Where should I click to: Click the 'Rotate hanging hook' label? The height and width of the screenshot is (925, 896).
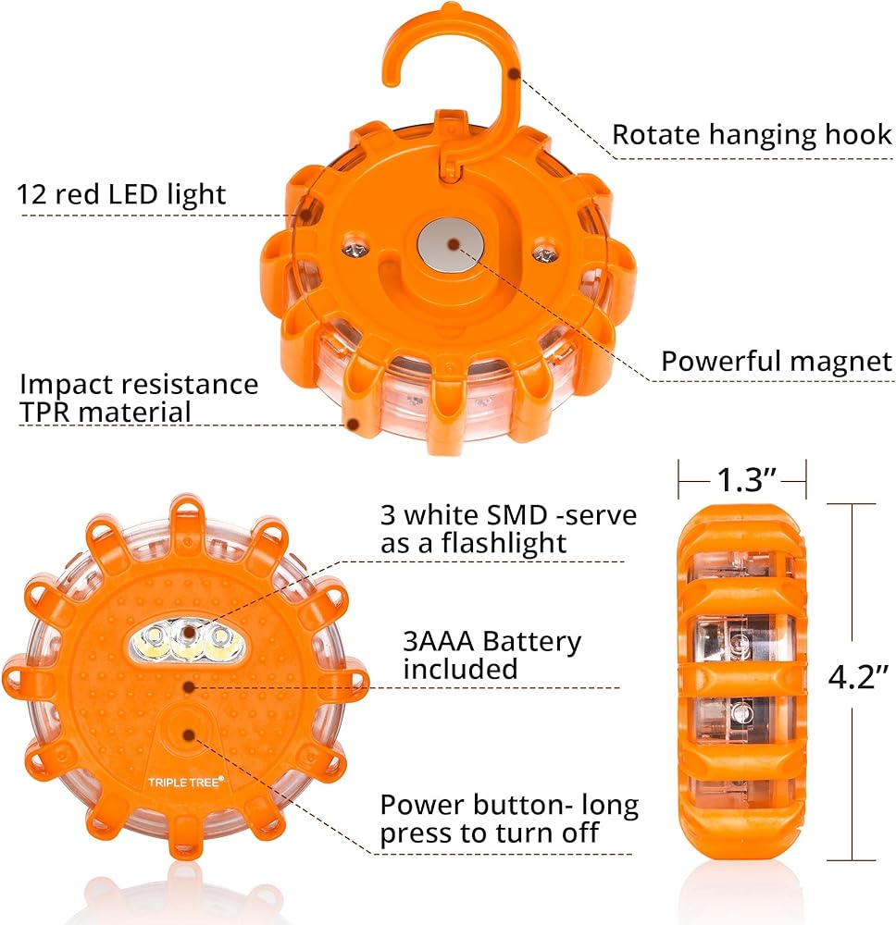coord(751,135)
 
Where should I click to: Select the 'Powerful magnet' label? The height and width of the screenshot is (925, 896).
coord(776,361)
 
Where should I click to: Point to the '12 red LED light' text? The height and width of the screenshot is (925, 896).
coord(121,194)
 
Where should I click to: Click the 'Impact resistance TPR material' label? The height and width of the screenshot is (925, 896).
coord(139,397)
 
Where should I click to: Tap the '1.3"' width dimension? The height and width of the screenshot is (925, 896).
coord(742,479)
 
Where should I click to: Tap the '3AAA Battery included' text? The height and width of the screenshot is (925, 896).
coord(492,655)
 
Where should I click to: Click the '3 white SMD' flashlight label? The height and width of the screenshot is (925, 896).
coord(508,528)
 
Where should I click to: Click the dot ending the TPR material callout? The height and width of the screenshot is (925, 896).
coord(353,425)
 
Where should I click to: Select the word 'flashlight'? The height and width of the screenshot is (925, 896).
coord(485,542)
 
